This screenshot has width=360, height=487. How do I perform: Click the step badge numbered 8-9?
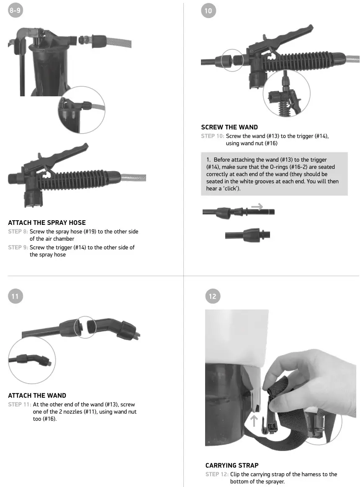tap(15, 11)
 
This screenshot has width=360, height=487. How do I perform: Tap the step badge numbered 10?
tap(208, 11)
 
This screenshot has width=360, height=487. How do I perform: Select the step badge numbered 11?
tap(15, 296)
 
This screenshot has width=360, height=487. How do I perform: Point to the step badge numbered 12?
tap(212, 296)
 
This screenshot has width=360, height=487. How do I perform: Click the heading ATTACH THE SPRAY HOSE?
tap(47, 223)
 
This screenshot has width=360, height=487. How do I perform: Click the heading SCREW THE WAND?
tap(229, 127)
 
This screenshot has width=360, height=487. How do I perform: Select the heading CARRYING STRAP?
tap(232, 465)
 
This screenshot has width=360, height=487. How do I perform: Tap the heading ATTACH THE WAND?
tap(37, 395)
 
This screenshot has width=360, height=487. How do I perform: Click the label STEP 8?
tap(18, 232)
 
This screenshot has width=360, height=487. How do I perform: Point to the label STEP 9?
tap(18, 247)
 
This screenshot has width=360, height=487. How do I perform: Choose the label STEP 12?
tap(216, 474)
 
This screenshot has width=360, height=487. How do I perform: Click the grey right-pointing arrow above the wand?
tap(257, 206)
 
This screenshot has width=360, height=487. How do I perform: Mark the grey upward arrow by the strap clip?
tap(254, 420)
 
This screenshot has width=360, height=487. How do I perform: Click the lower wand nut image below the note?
tap(247, 234)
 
